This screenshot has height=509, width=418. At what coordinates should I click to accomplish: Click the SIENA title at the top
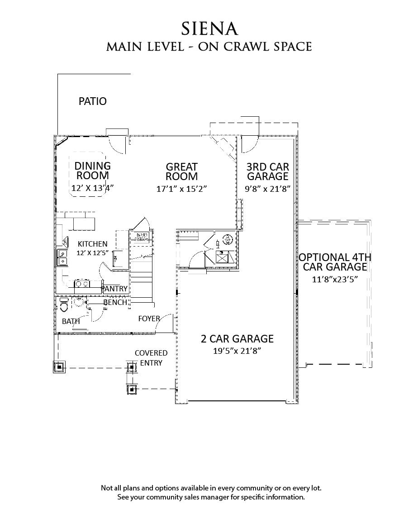click(x=209, y=29)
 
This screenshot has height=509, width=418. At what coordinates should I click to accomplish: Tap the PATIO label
click(x=93, y=101)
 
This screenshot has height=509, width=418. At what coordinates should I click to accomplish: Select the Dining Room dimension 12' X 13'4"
click(x=92, y=188)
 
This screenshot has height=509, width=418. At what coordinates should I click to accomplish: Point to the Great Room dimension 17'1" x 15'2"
click(x=181, y=189)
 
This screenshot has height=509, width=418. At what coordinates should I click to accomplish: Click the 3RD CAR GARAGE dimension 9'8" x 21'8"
click(x=267, y=188)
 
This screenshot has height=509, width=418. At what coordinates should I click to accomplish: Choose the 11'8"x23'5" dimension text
click(x=335, y=279)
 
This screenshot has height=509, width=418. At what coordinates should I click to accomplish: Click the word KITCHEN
click(x=92, y=244)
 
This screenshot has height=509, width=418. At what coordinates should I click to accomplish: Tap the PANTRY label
click(x=114, y=289)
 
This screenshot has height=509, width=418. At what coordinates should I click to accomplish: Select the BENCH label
click(x=115, y=302)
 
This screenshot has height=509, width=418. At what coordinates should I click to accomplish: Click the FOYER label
click(x=149, y=319)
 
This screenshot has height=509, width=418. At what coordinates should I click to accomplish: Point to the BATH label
click(x=71, y=321)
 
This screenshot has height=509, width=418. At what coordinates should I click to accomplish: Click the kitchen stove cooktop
click(x=82, y=284)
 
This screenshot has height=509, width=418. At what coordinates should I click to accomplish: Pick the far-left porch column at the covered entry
click(x=59, y=366)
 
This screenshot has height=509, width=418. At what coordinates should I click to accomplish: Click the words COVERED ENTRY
click(x=151, y=357)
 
